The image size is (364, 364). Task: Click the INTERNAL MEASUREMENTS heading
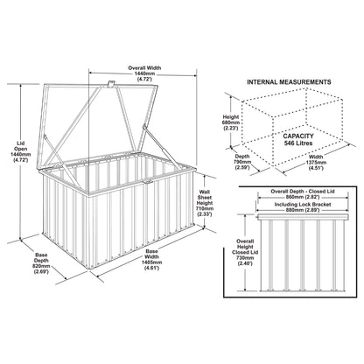(x=289, y=82)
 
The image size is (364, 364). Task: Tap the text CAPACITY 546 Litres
(x=298, y=139)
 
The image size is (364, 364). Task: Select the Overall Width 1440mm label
(x=144, y=73)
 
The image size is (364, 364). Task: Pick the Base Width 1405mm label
(x=151, y=260)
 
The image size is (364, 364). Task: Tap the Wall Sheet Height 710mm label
(x=205, y=203)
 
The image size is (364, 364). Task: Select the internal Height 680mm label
(x=231, y=122)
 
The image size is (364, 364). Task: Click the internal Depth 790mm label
(x=242, y=162)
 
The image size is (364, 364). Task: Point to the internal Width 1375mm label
(x=316, y=163)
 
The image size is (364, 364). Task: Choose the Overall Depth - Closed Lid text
(x=303, y=192)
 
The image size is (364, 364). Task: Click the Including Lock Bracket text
(x=303, y=205)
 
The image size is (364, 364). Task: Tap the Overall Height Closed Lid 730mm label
(x=245, y=252)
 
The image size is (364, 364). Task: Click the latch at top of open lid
(x=111, y=84)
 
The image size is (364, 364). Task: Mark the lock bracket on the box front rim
(x=148, y=182)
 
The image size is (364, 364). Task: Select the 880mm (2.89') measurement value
(x=303, y=210)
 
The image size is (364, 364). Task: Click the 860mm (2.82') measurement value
(x=303, y=197)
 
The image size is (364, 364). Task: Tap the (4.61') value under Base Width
(x=151, y=268)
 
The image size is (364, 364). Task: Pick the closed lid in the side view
(x=303, y=217)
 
